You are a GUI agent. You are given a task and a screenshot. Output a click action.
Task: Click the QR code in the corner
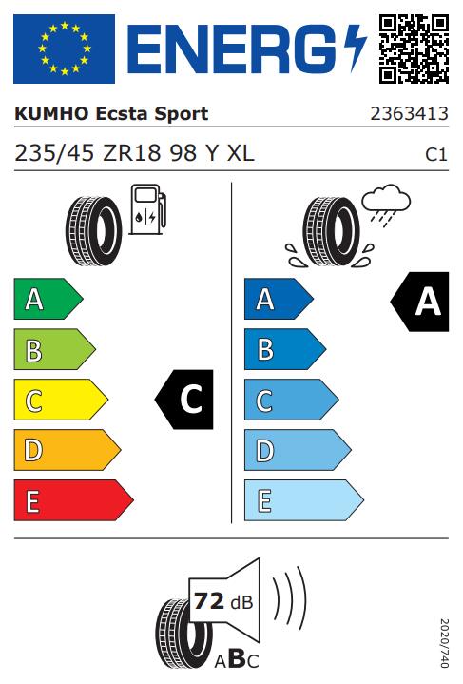(414, 49)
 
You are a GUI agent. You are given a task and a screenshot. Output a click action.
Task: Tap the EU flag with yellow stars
(64, 49)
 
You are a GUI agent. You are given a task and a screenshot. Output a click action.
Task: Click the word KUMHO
(51, 114)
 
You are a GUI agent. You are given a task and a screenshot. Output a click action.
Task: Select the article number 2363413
(410, 114)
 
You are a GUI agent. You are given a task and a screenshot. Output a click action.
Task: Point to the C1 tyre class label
(436, 155)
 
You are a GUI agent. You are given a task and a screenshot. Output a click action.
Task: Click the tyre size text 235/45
(54, 153)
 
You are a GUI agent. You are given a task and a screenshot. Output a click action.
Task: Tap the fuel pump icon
(147, 210)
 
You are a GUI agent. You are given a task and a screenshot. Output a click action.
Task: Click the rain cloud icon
(386, 205)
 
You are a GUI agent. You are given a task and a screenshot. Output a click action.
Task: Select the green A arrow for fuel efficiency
(48, 299)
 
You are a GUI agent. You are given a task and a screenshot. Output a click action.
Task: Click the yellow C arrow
(61, 400)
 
